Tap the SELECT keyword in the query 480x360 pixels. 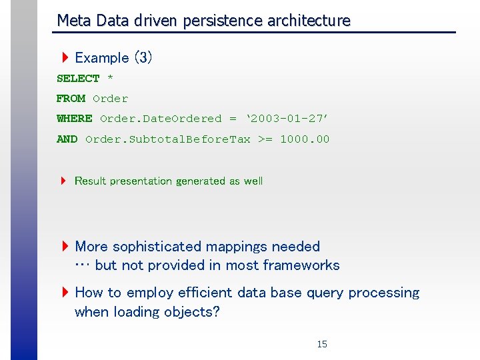[x=78, y=79]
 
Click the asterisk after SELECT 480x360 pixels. [x=110, y=79]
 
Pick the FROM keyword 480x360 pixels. [x=71, y=99]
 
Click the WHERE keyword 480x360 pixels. [x=74, y=119]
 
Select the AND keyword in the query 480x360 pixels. [x=67, y=139]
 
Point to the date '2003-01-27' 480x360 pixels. [x=287, y=119]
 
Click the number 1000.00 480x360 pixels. [x=305, y=139]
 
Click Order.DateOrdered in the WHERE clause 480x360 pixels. [x=160, y=119]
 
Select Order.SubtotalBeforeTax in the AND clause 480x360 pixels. [x=168, y=139]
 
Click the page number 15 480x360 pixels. [x=322, y=345]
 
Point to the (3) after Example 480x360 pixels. [x=143, y=58]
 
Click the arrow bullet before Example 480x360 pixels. [x=65, y=58]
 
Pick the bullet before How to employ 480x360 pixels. [x=65, y=293]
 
